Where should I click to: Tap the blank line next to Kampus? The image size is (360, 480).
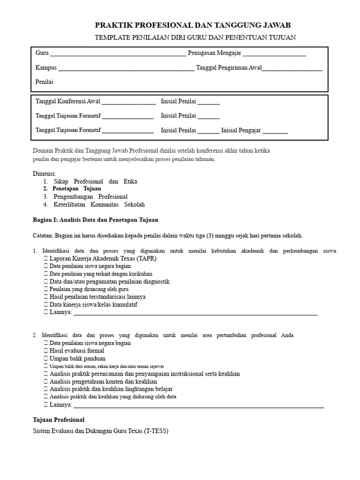click(126, 68)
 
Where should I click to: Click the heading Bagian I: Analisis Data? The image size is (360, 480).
click(96, 219)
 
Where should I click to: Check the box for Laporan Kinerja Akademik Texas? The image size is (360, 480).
click(45, 258)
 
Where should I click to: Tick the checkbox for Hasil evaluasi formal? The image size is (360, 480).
click(45, 351)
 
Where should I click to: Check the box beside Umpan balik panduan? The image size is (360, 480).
click(45, 358)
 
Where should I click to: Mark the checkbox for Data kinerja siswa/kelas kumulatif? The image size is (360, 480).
click(45, 305)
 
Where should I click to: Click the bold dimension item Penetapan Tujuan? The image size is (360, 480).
click(77, 188)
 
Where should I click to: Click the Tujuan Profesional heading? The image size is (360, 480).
click(59, 420)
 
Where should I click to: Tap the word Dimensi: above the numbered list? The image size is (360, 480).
click(45, 173)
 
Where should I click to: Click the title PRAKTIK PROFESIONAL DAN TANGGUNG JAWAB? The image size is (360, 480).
click(196, 25)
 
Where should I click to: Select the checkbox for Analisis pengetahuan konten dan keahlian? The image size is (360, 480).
click(45, 382)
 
